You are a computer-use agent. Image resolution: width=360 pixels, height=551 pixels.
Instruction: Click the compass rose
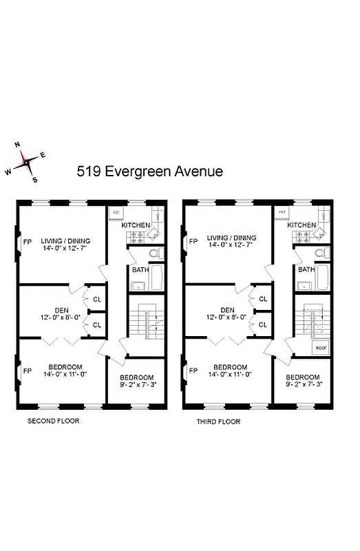coord(25,161)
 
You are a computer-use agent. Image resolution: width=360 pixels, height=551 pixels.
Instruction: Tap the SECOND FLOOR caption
coord(53,420)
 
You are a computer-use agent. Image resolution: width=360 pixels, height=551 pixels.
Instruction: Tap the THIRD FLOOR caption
coord(218,421)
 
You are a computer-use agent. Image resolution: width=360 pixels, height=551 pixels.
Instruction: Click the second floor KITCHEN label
coord(136,225)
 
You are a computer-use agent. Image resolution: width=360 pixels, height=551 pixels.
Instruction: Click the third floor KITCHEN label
coord(301,225)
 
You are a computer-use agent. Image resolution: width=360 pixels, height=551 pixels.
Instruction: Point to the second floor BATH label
coord(140,269)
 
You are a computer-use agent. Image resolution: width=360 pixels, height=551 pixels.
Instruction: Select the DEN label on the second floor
coord(62,309)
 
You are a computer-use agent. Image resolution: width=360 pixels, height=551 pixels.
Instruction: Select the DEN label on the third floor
coord(228,309)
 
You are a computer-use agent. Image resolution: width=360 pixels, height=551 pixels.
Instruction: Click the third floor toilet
coord(319,253)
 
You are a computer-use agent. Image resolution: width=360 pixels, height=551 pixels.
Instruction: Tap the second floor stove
coord(134,238)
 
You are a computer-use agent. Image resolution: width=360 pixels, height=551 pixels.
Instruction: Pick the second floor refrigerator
coord(116,212)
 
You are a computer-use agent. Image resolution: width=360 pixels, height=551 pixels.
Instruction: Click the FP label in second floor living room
coord(28,242)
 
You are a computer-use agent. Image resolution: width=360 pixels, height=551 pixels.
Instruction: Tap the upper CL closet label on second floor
coord(96,300)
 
